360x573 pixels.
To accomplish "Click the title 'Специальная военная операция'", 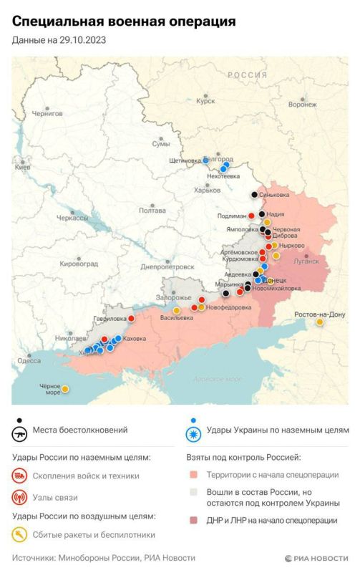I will point(123,23).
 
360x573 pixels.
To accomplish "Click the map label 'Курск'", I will point(205,102).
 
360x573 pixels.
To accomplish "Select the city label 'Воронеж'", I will point(302,104).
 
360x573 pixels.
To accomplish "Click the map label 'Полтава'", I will point(152,211).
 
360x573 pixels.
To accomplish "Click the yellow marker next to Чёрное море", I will point(65,389).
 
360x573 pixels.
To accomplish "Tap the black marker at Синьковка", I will point(254,195).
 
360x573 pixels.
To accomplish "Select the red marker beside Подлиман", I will point(252,216).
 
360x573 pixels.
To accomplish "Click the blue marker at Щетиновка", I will point(205,160).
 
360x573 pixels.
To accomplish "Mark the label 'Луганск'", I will point(306,261).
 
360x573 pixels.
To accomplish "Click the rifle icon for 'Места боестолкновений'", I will point(19,432).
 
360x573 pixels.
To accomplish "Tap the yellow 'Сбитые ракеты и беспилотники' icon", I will point(19,534).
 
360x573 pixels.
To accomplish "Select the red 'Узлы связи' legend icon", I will point(19,497).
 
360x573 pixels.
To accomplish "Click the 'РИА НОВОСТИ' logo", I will point(316,558).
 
